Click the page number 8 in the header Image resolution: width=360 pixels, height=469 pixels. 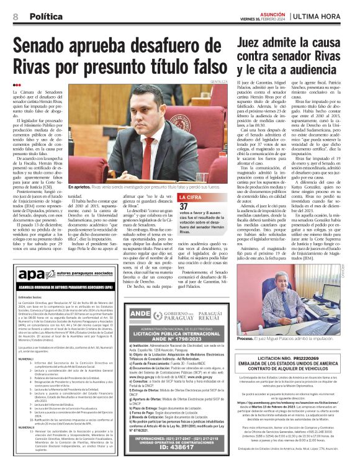point(15,16)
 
